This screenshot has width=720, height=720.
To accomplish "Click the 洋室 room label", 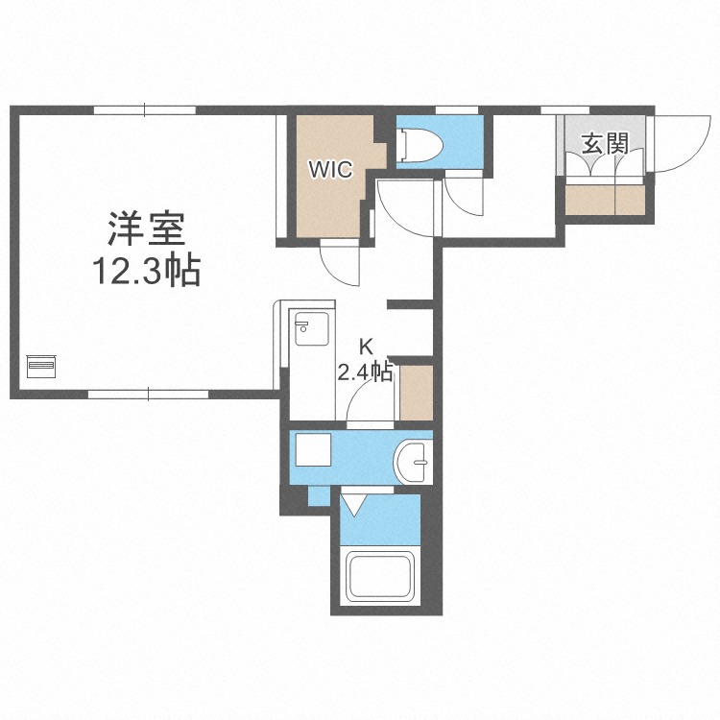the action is click(147, 228).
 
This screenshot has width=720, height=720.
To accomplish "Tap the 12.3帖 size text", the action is click(147, 271).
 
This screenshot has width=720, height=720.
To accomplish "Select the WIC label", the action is click(330, 169).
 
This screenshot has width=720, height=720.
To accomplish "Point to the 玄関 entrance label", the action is click(605, 144).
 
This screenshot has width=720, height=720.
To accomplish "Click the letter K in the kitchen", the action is click(366, 347).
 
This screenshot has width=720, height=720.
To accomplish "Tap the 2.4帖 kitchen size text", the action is click(365, 372).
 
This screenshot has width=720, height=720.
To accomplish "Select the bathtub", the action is click(380, 576).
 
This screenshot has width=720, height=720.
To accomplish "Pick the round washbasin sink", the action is click(413, 462).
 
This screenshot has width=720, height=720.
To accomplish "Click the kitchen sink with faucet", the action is click(311, 328).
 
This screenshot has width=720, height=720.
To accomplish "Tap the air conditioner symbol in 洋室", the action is click(41, 367).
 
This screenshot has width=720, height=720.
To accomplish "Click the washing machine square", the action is click(313, 450).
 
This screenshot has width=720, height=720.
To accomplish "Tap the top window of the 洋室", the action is click(145, 110).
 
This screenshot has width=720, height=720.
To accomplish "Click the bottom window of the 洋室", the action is click(148, 394).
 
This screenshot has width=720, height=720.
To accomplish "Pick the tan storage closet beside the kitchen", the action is click(417, 393).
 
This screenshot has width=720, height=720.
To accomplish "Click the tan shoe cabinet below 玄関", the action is click(605, 200).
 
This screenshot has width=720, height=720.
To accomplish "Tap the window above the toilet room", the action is click(456, 110).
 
